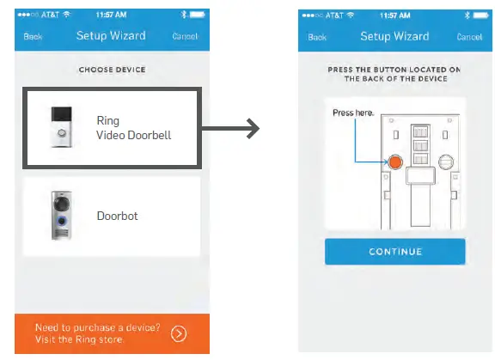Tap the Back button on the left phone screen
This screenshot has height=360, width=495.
pyautogui.click(x=33, y=37)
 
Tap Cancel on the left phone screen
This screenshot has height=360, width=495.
pyautogui.click(x=184, y=37)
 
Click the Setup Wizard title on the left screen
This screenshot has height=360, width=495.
pyautogui.click(x=111, y=36)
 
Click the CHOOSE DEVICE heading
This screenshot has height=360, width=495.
pyautogui.click(x=112, y=69)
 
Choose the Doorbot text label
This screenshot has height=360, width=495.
pyautogui.click(x=117, y=216)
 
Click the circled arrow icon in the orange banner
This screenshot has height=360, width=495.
pyautogui.click(x=178, y=333)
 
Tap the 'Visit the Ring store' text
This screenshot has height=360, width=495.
pyautogui.click(x=83, y=340)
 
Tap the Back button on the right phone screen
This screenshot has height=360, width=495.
pyautogui.click(x=317, y=37)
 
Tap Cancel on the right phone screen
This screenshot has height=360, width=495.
pyautogui.click(x=469, y=37)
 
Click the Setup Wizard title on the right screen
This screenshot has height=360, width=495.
pyautogui.click(x=395, y=36)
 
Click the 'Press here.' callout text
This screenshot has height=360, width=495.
pyautogui.click(x=353, y=113)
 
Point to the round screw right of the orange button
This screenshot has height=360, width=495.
pyautogui.click(x=445, y=161)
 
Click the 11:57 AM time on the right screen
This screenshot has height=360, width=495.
pyautogui.click(x=394, y=15)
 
